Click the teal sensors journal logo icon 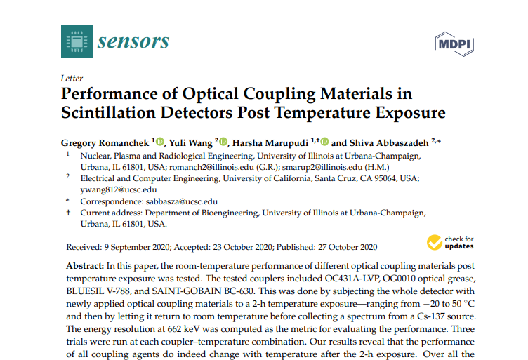(x=77, y=41)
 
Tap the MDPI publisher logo (x=454, y=44)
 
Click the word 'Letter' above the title (x=72, y=79)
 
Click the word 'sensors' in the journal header (x=133, y=41)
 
